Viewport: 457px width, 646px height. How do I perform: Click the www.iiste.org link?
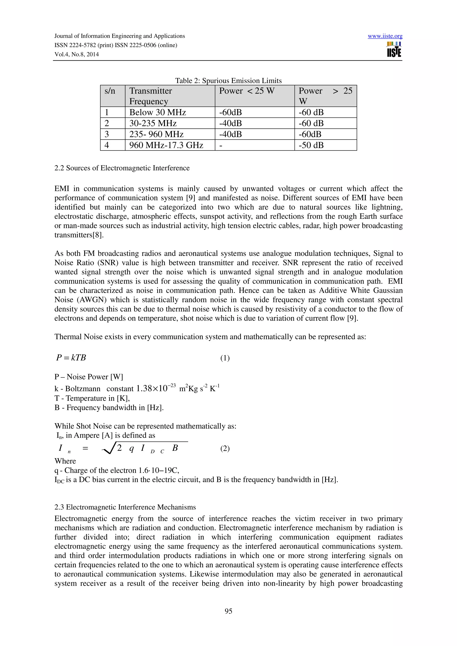tap(385, 36)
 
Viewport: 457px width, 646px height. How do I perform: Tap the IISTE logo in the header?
tap(394, 49)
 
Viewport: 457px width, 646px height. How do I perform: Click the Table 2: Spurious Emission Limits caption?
tap(228, 81)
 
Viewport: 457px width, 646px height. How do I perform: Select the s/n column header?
tap(110, 91)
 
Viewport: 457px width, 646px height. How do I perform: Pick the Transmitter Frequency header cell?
tap(151, 96)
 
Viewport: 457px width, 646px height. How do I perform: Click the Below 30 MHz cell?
tap(158, 112)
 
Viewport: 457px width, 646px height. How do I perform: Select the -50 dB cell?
tap(311, 145)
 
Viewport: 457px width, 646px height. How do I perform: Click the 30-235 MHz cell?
tap(153, 123)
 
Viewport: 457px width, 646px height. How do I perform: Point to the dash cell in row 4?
tap(221, 145)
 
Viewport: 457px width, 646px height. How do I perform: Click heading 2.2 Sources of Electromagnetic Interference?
tap(122, 168)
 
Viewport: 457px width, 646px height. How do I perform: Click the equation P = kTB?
tap(71, 358)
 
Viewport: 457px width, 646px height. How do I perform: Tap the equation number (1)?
tap(225, 358)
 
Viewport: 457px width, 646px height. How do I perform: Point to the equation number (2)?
tap(225, 448)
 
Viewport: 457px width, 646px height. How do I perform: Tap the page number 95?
tap(228, 611)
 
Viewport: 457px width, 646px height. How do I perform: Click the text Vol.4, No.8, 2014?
tap(77, 54)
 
